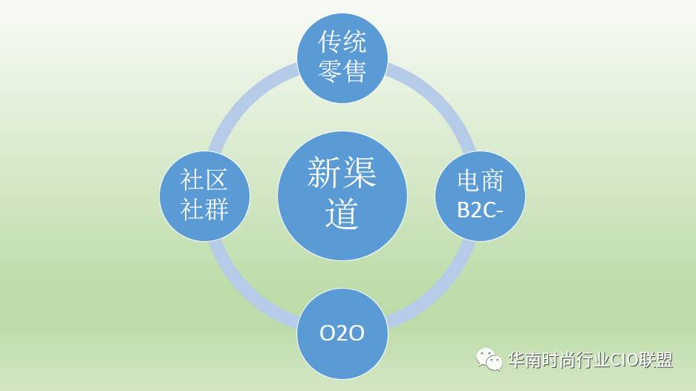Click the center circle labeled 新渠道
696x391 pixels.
pyautogui.click(x=342, y=196)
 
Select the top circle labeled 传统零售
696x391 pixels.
pyautogui.click(x=342, y=58)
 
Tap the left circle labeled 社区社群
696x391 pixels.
pyautogui.click(x=204, y=196)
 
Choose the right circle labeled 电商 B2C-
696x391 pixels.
pyautogui.click(x=480, y=196)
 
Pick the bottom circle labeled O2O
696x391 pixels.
pyautogui.click(x=342, y=333)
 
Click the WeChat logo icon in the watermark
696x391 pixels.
pyautogui.click(x=489, y=359)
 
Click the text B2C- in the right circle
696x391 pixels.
pyautogui.click(x=481, y=210)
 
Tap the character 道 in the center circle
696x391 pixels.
pyautogui.click(x=342, y=213)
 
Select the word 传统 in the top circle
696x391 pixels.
pyautogui.click(x=342, y=42)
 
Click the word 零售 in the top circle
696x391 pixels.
pyautogui.click(x=342, y=71)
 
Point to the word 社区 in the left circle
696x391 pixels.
pyautogui.click(x=204, y=180)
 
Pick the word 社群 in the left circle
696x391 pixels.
pyautogui.click(x=204, y=208)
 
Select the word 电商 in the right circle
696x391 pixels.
pyautogui.click(x=481, y=181)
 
